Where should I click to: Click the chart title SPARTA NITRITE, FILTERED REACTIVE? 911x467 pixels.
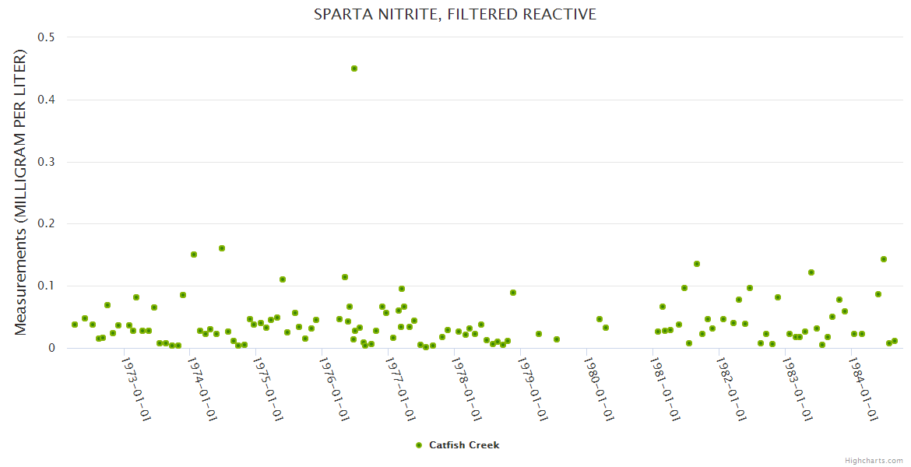tap(455, 14)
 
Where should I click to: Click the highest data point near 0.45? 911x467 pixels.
tap(354, 68)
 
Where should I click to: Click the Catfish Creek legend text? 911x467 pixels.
tap(464, 445)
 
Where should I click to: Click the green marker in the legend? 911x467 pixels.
tap(419, 445)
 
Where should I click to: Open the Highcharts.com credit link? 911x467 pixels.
tap(874, 460)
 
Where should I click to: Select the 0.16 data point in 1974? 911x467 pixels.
tap(222, 248)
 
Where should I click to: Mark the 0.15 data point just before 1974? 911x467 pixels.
tap(194, 255)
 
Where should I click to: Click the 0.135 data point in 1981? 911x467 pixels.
tap(697, 264)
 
